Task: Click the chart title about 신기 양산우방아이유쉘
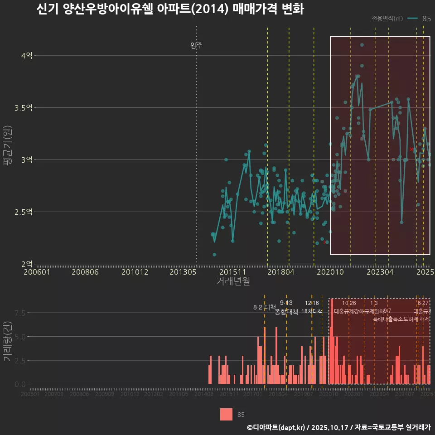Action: coord(170,10)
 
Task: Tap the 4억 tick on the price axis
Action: coord(27,56)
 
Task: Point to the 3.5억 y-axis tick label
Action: coord(24,108)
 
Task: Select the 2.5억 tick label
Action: coord(24,212)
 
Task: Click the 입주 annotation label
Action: coord(196,45)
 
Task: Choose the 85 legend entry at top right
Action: coord(426,19)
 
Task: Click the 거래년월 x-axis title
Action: coord(233,281)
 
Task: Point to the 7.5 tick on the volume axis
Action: coord(20,313)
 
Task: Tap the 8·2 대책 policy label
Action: coord(265,308)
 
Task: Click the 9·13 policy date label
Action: coord(286,303)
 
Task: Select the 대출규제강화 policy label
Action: coord(349,311)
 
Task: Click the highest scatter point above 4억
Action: coord(362,45)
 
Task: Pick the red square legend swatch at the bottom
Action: coord(226,414)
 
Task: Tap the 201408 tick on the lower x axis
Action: coord(204,394)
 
